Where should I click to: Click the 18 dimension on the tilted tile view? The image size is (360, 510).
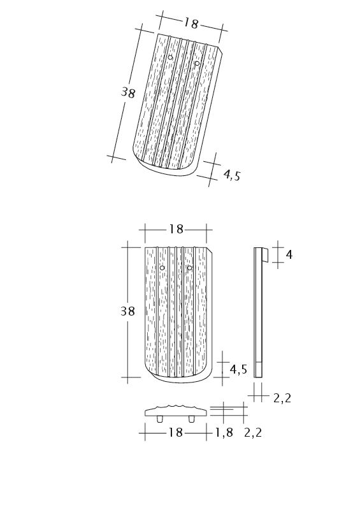191,23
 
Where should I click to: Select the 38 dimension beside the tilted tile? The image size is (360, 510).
128,92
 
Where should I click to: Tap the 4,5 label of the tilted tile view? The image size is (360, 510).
232,175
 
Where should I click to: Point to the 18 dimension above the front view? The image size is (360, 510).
176,229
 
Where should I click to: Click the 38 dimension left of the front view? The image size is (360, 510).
127,311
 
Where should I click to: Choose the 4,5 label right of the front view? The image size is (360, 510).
238,369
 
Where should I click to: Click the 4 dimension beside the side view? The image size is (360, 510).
289,254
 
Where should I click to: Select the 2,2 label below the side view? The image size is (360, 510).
282,398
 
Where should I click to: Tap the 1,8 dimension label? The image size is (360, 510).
224,432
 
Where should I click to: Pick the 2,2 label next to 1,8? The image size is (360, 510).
253,432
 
